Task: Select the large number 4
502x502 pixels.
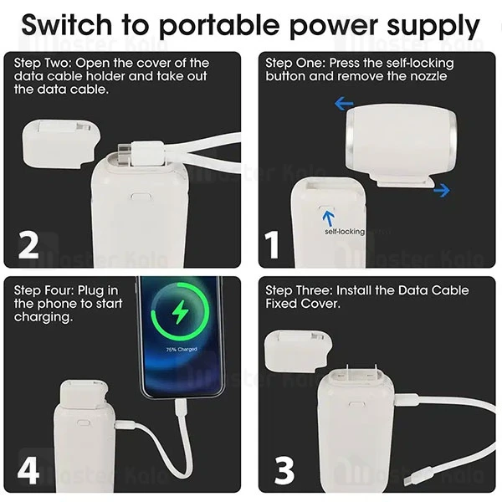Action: coord(28,469)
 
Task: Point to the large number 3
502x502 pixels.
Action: coord(284,469)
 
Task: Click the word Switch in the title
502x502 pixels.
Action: coord(69,25)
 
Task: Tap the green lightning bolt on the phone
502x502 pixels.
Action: coord(181,315)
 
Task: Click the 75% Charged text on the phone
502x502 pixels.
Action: coord(181,350)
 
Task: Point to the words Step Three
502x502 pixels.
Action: coord(297,290)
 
